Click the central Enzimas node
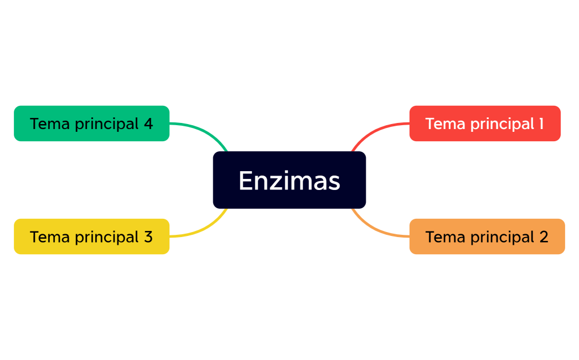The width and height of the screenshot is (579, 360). coord(289,180)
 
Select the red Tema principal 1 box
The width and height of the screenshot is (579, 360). coord(485,124)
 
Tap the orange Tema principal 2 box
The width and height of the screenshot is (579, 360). coord(487,236)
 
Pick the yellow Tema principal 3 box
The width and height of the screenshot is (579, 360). coord(91,236)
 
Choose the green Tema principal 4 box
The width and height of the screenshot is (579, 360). coord(91,124)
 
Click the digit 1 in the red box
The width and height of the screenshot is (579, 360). coord(541,124)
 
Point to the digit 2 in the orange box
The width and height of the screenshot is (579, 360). coord(544,236)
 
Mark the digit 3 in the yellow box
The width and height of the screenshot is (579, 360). coord(148,236)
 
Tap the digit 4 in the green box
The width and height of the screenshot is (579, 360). coord(148,124)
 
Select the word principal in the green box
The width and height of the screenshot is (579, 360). coord(107,124)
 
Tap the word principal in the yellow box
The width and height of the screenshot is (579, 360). coord(107,237)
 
